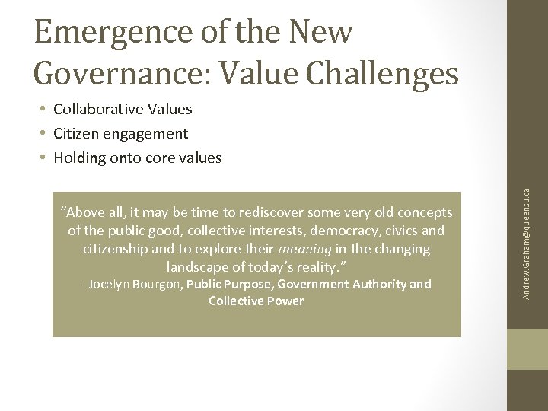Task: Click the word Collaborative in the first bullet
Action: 98,109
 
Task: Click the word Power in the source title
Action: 286,301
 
